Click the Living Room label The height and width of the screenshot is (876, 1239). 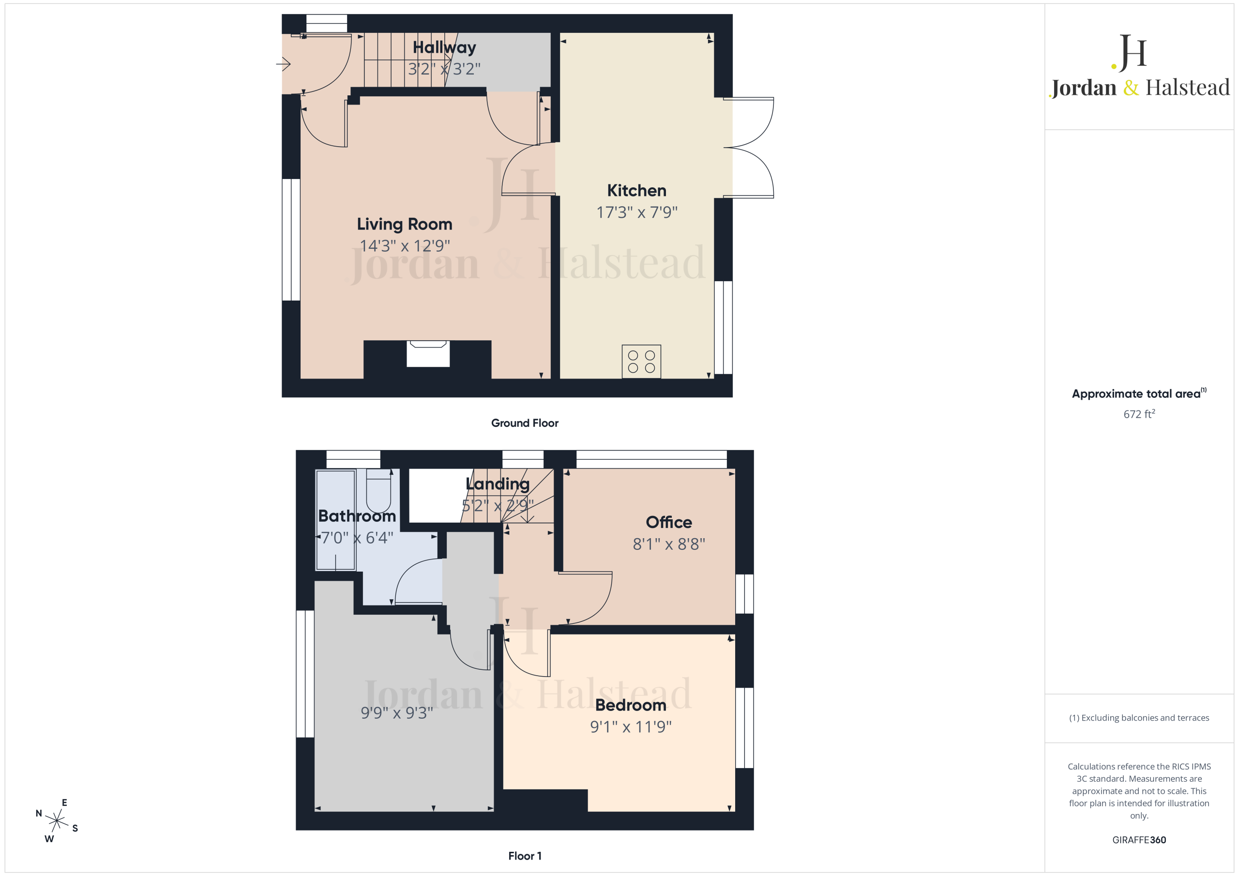404,224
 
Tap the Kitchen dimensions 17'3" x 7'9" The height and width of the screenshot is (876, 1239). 637,212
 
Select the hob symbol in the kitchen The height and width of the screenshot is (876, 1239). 641,362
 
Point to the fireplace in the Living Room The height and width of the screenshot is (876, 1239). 428,354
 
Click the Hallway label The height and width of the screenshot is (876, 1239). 444,47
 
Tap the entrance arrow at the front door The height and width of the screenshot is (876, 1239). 283,64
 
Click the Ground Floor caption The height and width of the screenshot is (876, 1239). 525,423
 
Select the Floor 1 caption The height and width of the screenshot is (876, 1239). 525,856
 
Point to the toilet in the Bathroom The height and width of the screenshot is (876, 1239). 378,490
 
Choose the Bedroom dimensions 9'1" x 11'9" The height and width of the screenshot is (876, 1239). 630,726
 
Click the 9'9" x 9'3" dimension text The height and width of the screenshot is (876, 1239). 397,712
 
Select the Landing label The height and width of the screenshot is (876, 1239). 498,483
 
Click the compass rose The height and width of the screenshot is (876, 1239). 57,820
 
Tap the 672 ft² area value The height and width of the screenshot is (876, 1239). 1139,414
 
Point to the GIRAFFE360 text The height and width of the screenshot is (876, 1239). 1139,840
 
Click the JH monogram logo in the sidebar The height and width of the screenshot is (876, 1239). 1129,53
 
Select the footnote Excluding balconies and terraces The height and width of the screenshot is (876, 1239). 1139,718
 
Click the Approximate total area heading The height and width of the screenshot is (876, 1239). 1139,393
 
